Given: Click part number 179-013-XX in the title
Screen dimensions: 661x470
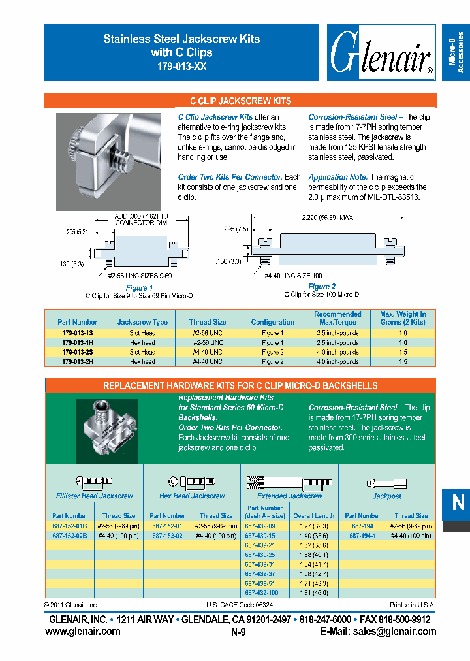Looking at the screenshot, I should (x=181, y=66).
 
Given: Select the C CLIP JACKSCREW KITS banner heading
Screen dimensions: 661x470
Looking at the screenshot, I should (x=240, y=101).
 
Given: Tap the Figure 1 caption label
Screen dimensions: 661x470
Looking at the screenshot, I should (x=139, y=287).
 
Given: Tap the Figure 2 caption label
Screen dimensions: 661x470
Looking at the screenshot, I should (x=322, y=287).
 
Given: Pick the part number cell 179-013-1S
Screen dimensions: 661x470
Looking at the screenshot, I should (x=77, y=333).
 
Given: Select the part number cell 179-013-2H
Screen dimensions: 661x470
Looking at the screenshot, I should (x=77, y=361).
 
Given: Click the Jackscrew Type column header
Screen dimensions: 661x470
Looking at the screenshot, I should (x=142, y=322).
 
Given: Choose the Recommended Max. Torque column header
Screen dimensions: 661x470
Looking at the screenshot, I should (x=337, y=318).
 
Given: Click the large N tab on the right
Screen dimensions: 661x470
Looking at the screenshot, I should (x=458, y=503).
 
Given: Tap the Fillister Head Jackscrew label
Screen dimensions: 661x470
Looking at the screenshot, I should (x=94, y=496).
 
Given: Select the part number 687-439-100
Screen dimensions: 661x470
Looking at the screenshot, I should (x=262, y=593).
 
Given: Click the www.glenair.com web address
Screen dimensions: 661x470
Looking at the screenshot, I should (x=83, y=632).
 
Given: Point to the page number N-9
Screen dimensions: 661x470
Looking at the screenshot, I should (x=238, y=632).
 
